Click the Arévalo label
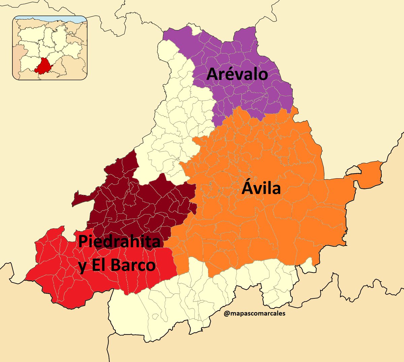click(x=237, y=74)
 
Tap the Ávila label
click(x=261, y=188)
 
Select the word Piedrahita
click(x=120, y=242)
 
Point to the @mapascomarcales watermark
click(x=254, y=314)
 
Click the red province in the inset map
click(x=43, y=66)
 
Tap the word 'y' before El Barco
click(x=82, y=266)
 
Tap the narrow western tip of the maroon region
click(x=76, y=200)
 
